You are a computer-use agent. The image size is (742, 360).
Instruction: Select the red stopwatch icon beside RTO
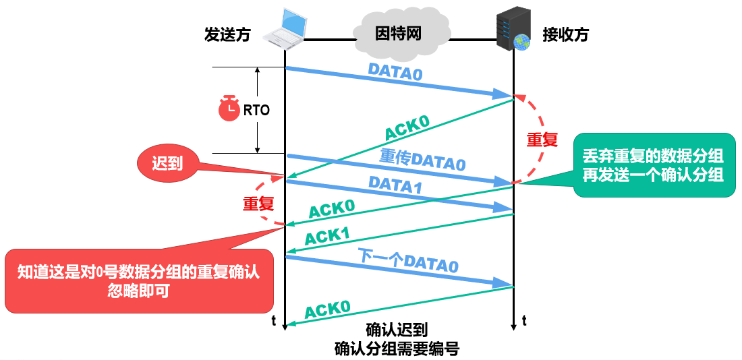[x=229, y=109]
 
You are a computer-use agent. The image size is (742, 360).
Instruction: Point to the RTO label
[x=256, y=111]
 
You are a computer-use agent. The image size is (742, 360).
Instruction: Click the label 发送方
[x=227, y=35]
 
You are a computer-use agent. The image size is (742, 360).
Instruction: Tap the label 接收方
[x=565, y=35]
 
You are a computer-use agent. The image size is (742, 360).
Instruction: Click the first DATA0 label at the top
[x=395, y=72]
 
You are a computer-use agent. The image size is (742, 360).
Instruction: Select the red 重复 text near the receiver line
[x=542, y=140]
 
